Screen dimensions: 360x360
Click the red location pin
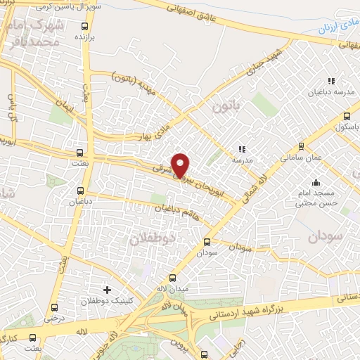(x=181, y=164)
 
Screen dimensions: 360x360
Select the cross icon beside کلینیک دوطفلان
(x=107, y=289)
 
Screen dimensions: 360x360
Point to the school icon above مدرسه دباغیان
(x=331, y=82)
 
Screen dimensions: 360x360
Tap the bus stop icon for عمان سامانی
(x=301, y=147)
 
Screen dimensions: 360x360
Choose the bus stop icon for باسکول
(x=345, y=117)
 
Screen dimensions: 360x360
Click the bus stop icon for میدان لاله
(x=173, y=278)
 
